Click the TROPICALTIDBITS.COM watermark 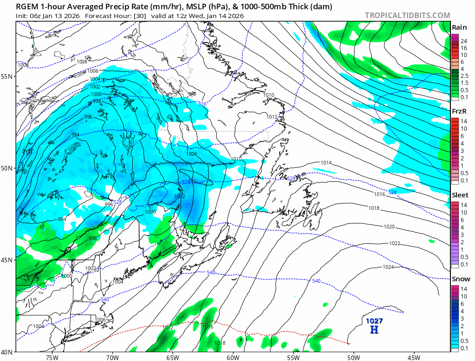click(x=407, y=15)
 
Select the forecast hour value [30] click(x=128, y=16)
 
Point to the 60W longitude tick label click(x=233, y=357)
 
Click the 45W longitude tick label click(x=414, y=357)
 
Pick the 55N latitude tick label click(x=7, y=76)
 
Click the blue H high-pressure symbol click(x=374, y=329)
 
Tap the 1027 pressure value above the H click(x=374, y=321)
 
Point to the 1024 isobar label click(x=389, y=267)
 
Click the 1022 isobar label click(x=395, y=243)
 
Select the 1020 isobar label click(x=389, y=227)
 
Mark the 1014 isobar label click(x=326, y=163)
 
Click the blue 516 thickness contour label click(x=202, y=104)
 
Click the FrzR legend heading click(x=459, y=111)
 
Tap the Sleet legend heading click(x=460, y=195)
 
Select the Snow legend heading click(x=461, y=279)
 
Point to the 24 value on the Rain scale click(x=463, y=40)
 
